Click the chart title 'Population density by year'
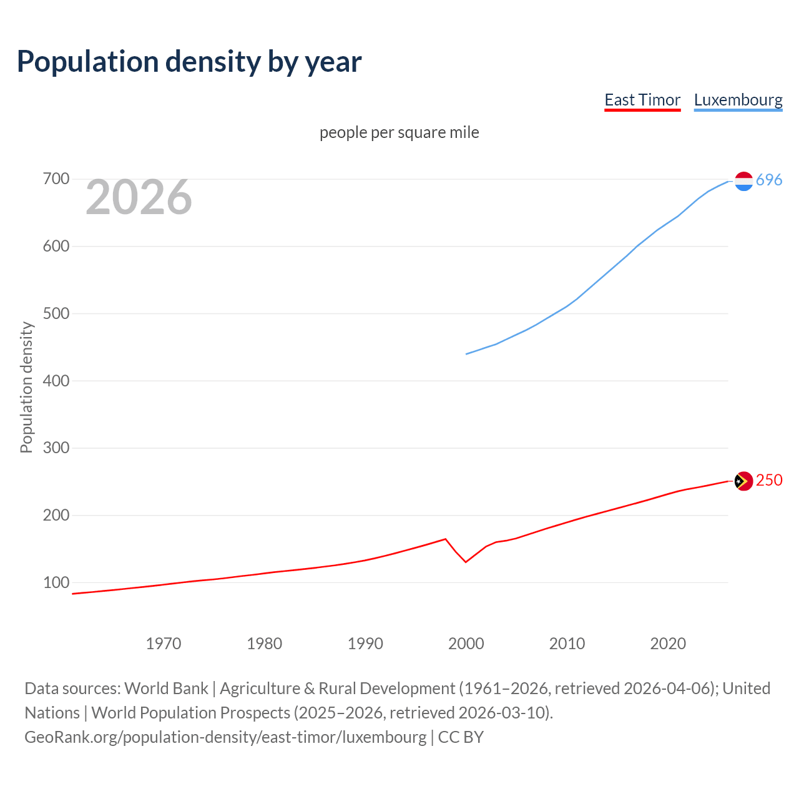[189, 62]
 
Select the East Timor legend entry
[642, 100]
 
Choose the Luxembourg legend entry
[738, 100]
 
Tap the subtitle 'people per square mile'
[399, 132]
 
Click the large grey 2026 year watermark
[139, 197]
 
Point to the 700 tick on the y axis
[56, 179]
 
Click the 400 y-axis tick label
[56, 381]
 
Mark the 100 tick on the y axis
[56, 582]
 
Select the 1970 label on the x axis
[164, 644]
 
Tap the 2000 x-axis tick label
[466, 644]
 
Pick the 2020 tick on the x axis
[668, 644]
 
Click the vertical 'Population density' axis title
[26, 387]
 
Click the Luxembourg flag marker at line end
[743, 181]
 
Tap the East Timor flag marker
[743, 481]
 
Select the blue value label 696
[769, 180]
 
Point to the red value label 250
[769, 480]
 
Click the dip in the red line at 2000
[466, 562]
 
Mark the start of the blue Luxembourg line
[467, 354]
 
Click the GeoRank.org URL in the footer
[225, 737]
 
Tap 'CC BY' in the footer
[461, 737]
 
